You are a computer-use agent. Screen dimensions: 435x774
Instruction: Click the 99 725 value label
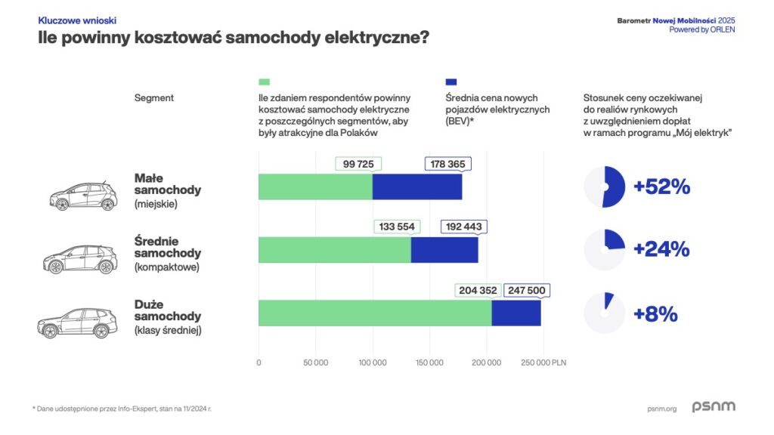pyautogui.click(x=358, y=165)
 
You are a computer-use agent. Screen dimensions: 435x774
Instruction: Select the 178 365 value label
pyautogui.click(x=448, y=165)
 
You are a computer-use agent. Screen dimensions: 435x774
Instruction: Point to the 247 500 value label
pyautogui.click(x=526, y=290)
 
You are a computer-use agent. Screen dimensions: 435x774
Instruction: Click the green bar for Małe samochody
pyautogui.click(x=315, y=187)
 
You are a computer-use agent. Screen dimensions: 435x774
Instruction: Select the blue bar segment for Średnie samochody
pyautogui.click(x=444, y=250)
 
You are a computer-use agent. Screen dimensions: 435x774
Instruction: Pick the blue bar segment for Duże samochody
pyautogui.click(x=516, y=313)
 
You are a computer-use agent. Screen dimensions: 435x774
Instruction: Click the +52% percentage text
pyautogui.click(x=662, y=187)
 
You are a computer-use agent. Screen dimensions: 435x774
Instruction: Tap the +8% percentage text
pyautogui.click(x=655, y=313)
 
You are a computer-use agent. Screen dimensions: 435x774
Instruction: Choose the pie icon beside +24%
pyautogui.click(x=605, y=250)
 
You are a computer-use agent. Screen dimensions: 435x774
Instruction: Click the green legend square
pyautogui.click(x=264, y=82)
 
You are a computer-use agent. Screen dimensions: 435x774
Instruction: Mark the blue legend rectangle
pyautogui.click(x=451, y=82)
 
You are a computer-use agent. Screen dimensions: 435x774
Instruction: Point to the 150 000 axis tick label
pyautogui.click(x=429, y=362)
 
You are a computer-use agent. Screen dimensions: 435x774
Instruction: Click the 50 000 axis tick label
pyautogui.click(x=315, y=362)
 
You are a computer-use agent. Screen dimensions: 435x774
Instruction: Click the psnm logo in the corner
pyautogui.click(x=713, y=407)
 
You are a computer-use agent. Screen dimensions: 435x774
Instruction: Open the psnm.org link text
pyautogui.click(x=662, y=409)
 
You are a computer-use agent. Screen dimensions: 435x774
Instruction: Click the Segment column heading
pyautogui.click(x=154, y=98)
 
